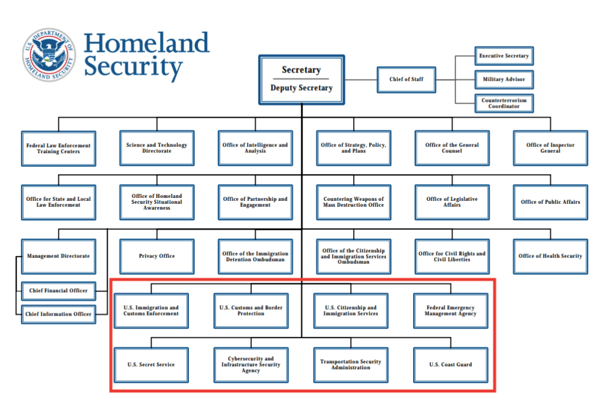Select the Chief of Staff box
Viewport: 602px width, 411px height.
coord(406,79)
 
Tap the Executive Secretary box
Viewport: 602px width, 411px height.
coord(504,56)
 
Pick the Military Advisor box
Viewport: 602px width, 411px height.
coord(504,79)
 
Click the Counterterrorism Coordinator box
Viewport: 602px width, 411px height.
coord(504,103)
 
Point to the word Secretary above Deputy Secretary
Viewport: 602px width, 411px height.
coord(301,70)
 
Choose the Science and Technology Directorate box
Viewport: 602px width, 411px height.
coord(157,148)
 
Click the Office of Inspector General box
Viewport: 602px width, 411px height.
coord(550,148)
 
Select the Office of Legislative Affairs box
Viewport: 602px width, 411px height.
coord(452,202)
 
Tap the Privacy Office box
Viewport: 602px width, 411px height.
coord(157,256)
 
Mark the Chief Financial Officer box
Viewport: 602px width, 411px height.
coord(58,290)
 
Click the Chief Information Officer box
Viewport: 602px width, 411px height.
coord(58,314)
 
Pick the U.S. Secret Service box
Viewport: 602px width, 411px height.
coord(151,364)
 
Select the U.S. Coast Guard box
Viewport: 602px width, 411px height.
coord(450,364)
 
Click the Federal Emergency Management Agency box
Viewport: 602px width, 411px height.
coord(450,310)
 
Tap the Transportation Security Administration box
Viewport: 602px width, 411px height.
coord(351,364)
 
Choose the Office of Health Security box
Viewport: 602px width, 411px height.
coord(550,256)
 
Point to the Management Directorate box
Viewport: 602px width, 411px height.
coord(58,256)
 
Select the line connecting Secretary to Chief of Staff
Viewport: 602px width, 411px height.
coord(361,79)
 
